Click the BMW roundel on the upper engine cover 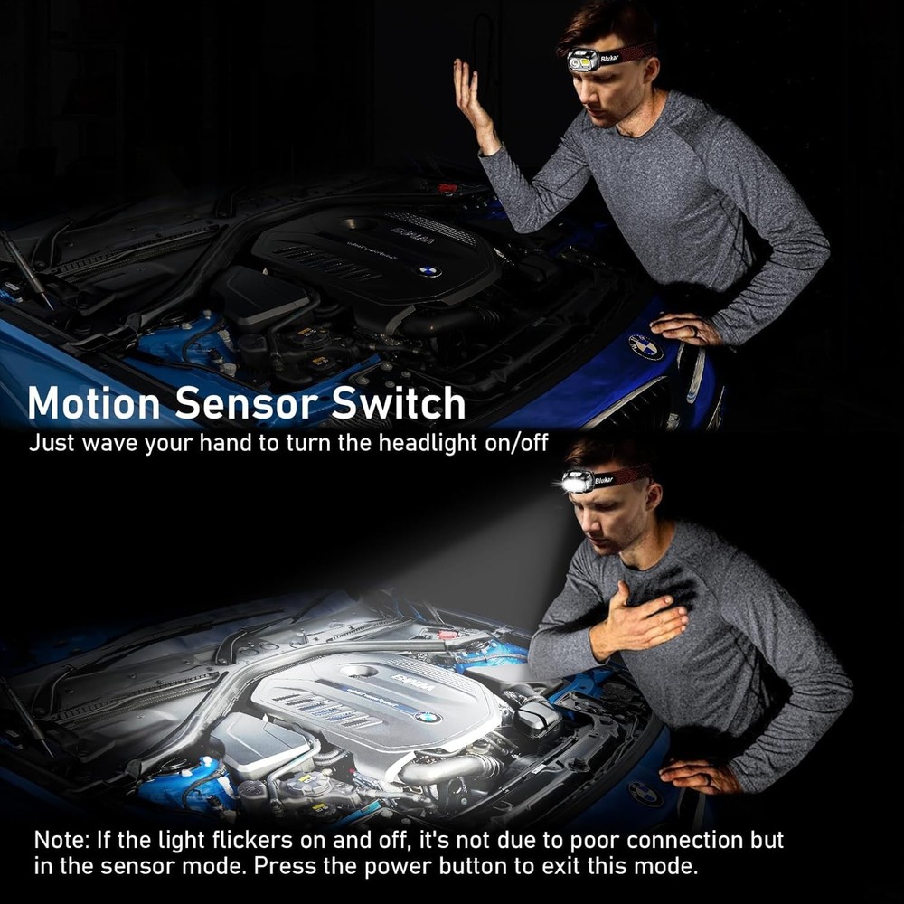428,270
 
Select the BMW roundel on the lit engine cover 428,717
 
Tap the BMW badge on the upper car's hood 645,346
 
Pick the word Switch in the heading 399,403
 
